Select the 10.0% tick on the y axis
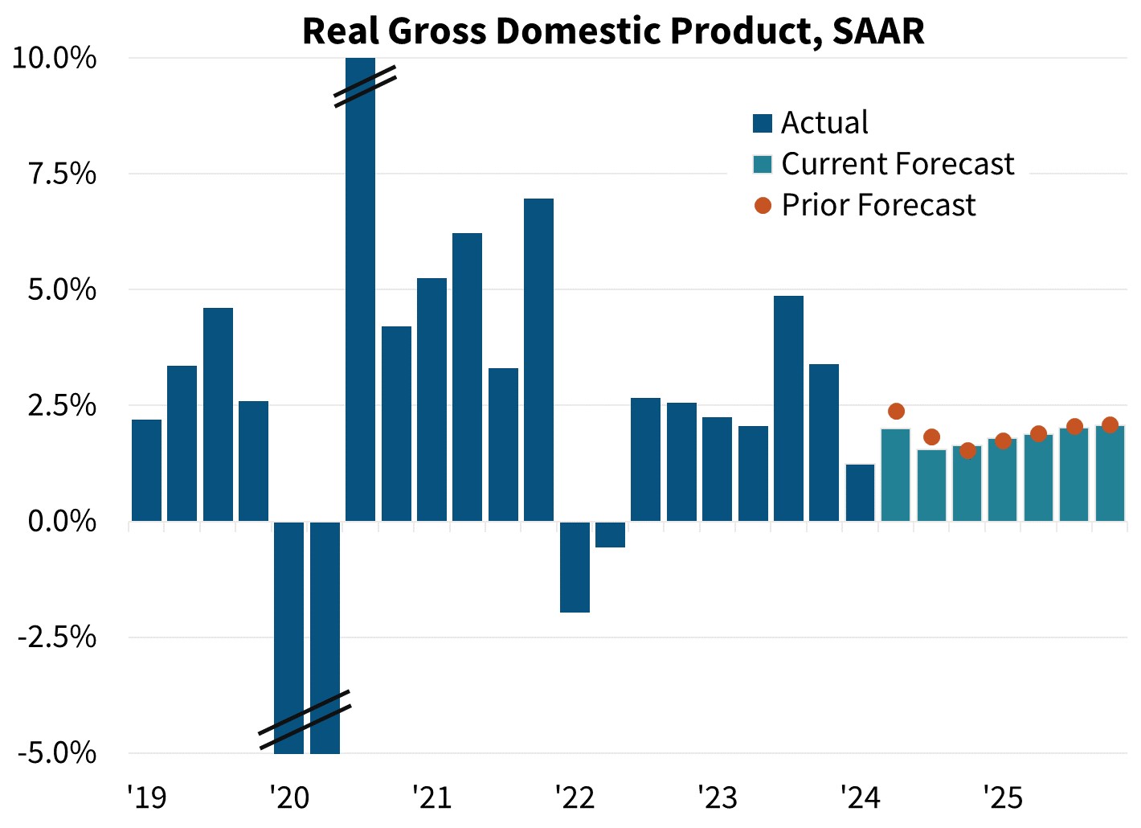coord(55,59)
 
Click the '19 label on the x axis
coord(146,798)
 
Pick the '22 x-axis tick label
coord(575,798)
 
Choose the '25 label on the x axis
coord(1003,798)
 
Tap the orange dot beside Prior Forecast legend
coord(763,205)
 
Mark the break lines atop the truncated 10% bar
coord(366,86)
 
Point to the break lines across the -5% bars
coord(305,719)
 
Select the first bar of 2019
coord(146,470)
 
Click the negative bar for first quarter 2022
coord(575,567)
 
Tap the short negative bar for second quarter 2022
coord(610,535)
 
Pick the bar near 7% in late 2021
coord(538,359)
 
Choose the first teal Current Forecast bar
coord(895,474)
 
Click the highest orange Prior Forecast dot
coord(896,412)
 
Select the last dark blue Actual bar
coord(860,493)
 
